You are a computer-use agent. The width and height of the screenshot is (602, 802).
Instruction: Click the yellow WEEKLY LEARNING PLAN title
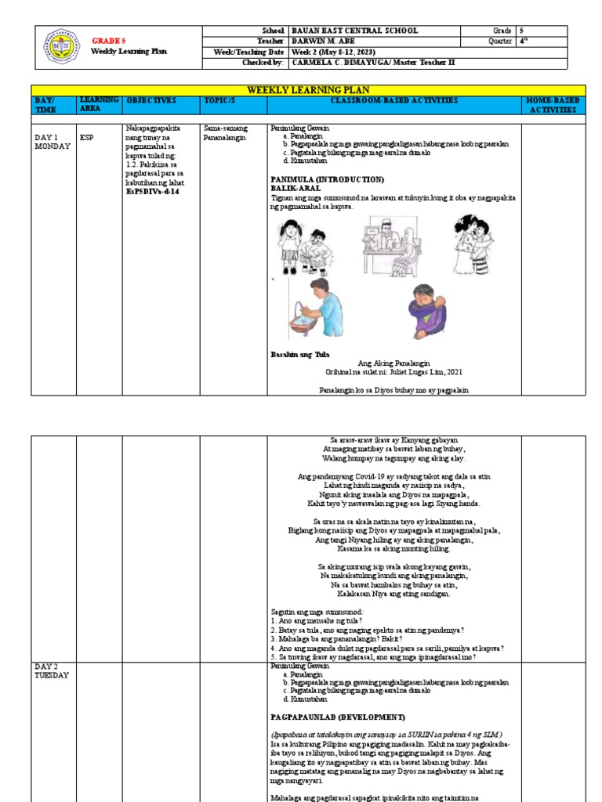click(x=307, y=91)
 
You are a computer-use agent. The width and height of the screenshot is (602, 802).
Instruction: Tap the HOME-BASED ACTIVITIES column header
click(x=552, y=106)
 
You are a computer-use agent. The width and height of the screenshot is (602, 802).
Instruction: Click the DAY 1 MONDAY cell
click(x=52, y=142)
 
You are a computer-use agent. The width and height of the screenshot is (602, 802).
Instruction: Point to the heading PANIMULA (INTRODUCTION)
click(x=327, y=179)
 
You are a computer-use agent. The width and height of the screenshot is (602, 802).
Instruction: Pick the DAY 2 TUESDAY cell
click(x=52, y=670)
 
